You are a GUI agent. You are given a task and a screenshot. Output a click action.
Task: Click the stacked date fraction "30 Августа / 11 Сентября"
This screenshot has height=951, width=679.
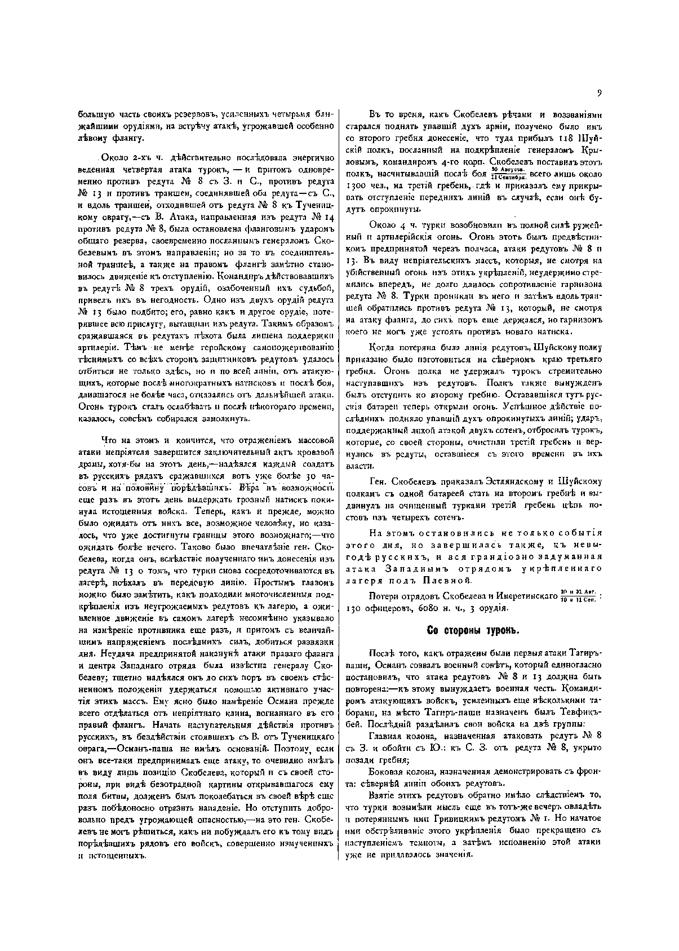tap(508, 172)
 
